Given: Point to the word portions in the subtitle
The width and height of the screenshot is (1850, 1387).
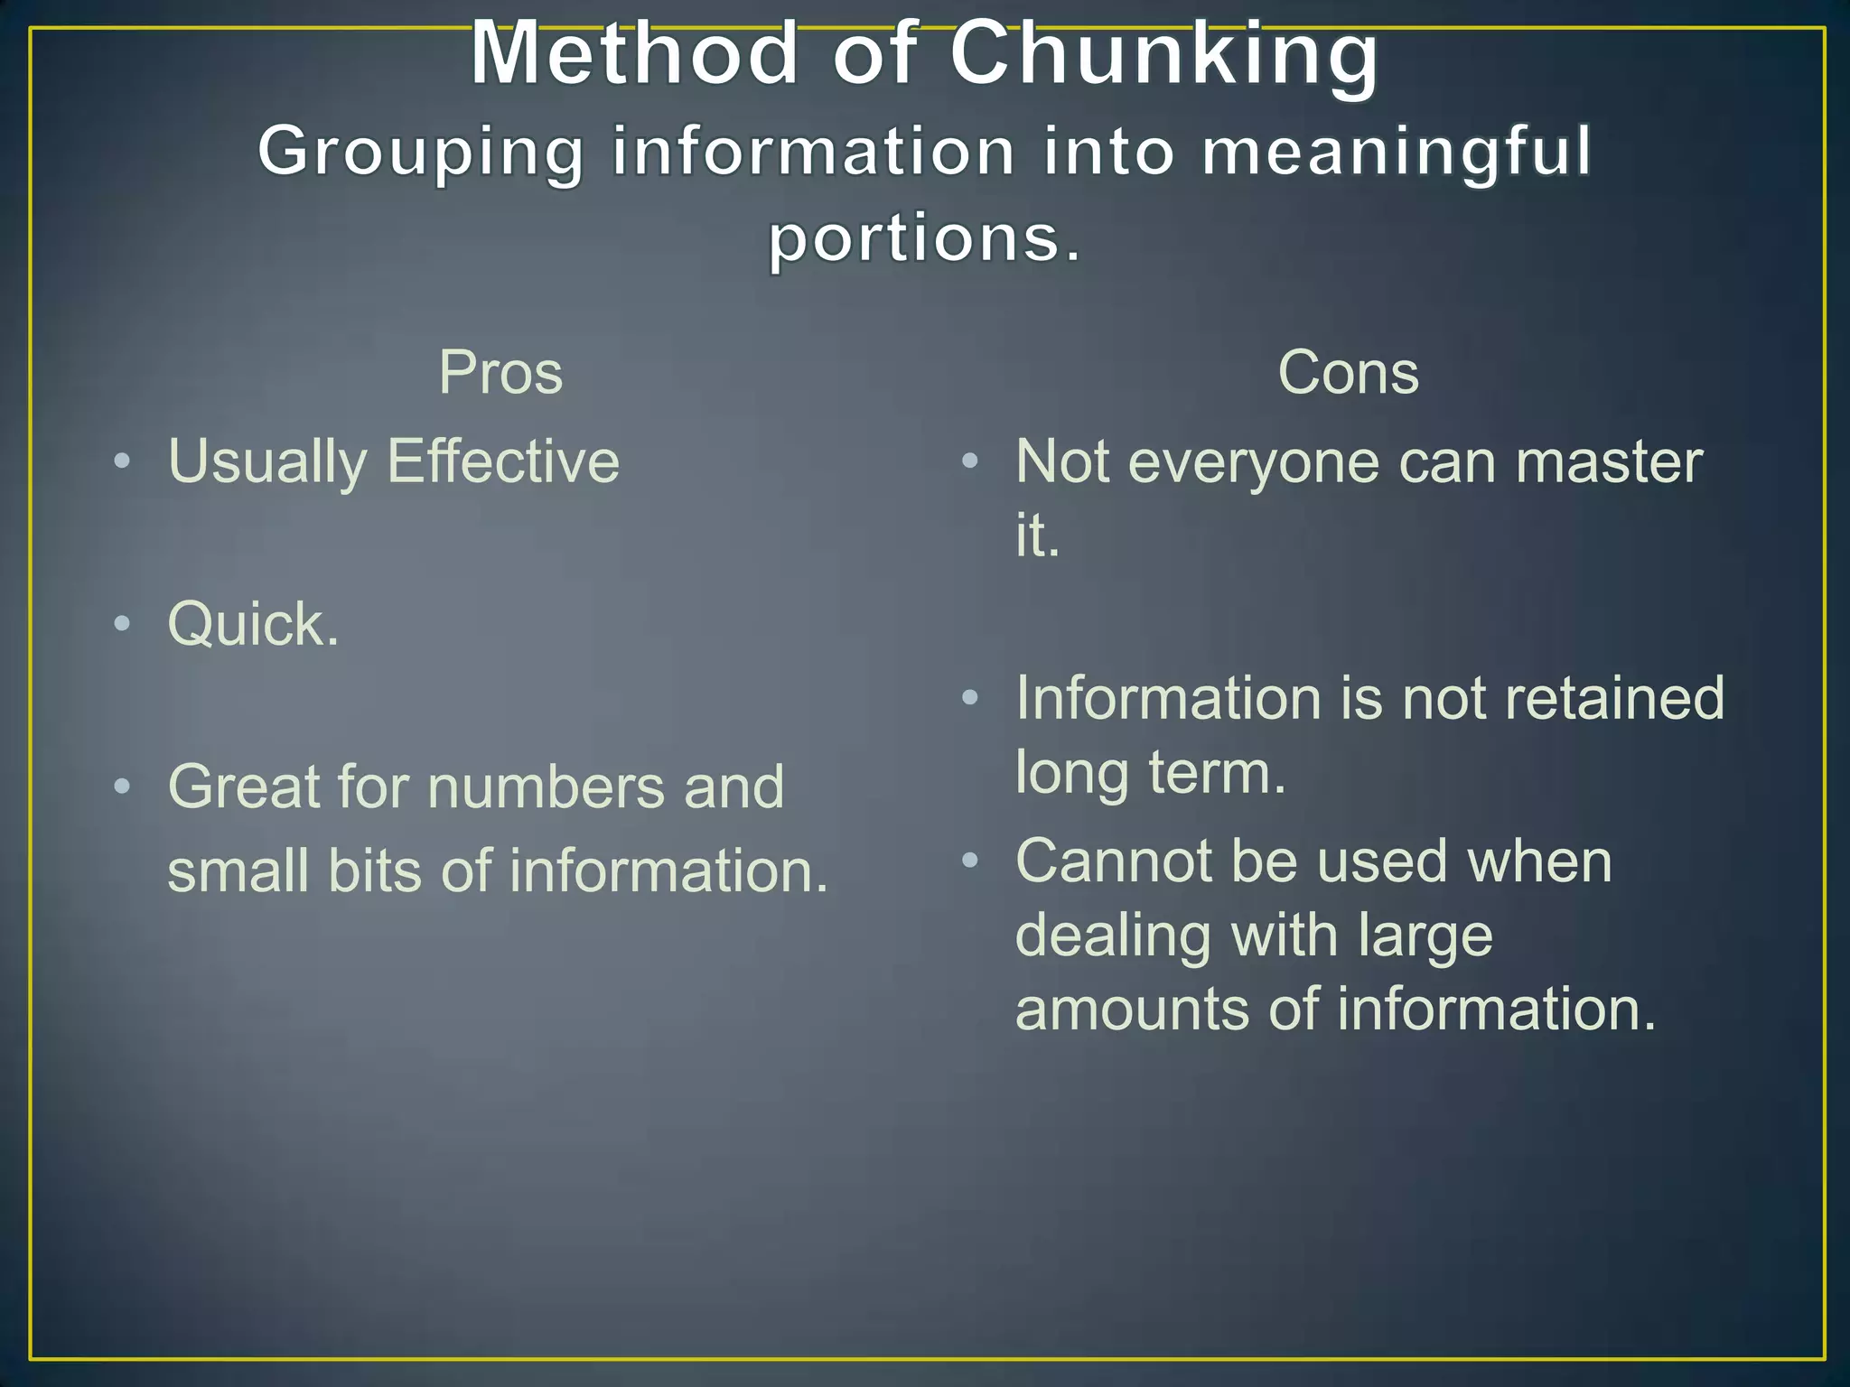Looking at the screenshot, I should coord(912,238).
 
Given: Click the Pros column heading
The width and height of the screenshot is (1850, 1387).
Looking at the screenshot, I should coord(500,372).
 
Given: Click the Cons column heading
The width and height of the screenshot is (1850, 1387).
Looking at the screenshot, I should coord(1348,372).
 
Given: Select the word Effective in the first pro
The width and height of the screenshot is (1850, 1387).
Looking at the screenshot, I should coord(503,461).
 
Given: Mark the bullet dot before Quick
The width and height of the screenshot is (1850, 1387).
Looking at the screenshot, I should coord(123,624).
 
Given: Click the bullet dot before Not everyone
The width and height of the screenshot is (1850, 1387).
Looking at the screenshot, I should coord(970,461).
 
